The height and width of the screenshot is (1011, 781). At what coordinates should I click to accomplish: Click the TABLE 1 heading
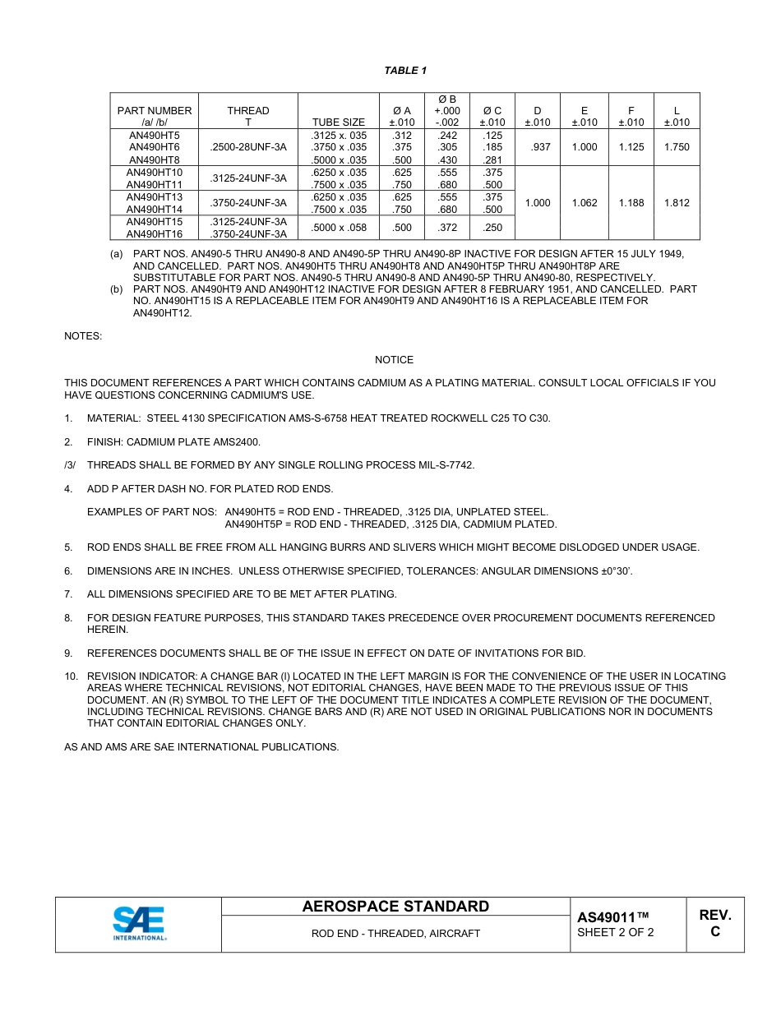point(405,71)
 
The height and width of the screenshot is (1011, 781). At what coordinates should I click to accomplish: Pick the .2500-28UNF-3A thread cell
point(247,147)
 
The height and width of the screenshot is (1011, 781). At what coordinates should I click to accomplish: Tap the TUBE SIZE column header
point(339,122)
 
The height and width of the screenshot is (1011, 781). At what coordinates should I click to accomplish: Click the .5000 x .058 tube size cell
point(339,228)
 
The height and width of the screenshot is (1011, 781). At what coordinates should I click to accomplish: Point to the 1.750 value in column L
point(677,147)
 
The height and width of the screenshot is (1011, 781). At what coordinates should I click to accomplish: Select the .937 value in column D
point(537,147)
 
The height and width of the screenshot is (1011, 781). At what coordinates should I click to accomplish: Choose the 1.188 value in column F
point(631,203)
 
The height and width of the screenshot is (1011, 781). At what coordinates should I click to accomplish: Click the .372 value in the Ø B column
point(447,228)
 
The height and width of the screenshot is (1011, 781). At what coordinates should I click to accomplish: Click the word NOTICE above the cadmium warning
point(394,360)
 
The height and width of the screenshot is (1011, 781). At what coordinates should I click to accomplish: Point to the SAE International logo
point(139,924)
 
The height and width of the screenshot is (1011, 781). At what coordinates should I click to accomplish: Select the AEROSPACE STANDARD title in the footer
point(395,907)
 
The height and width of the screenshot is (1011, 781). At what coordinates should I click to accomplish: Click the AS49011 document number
point(612,917)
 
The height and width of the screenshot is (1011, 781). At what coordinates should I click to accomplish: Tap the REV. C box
point(714,924)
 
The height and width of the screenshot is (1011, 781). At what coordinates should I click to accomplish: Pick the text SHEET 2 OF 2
point(615,933)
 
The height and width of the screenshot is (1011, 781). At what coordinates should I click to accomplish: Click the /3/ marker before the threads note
point(70,465)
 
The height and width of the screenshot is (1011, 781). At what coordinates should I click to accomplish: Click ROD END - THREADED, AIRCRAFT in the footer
point(395,934)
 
